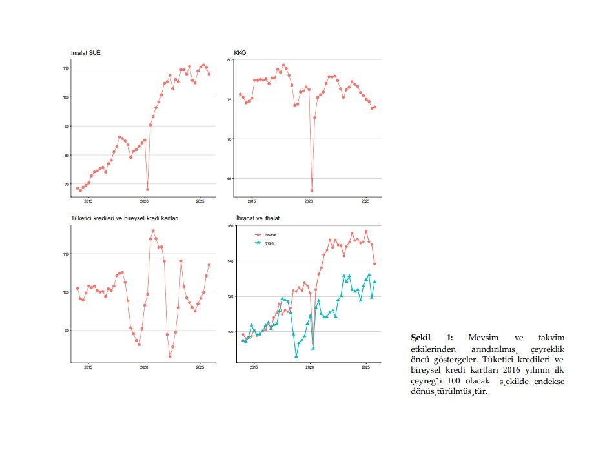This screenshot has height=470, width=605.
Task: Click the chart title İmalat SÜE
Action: [85, 52]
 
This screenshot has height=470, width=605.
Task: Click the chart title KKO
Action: [240, 52]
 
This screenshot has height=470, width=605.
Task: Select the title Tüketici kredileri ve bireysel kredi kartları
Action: [125, 218]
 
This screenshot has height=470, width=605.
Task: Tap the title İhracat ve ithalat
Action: [258, 218]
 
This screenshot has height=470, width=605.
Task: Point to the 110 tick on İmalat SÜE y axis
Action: [66, 68]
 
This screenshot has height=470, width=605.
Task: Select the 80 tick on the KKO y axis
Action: [230, 59]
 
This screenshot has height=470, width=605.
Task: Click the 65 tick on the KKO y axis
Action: [230, 178]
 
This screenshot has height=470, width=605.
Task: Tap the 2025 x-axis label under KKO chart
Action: [365, 201]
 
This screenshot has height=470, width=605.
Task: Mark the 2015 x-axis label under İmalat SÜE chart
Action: [88, 201]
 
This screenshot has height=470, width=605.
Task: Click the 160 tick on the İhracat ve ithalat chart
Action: [229, 226]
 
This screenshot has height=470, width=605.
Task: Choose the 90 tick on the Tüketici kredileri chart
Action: [66, 331]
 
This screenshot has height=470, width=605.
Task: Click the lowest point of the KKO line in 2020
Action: [312, 190]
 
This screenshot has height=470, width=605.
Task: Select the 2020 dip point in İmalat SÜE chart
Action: [147, 189]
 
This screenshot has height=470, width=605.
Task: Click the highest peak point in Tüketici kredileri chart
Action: [153, 231]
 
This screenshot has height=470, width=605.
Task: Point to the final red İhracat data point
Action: [374, 263]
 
